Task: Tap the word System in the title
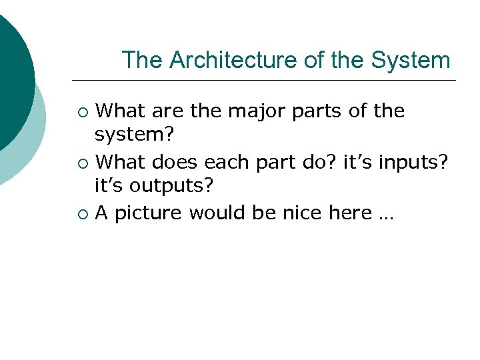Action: (411, 61)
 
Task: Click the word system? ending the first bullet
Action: (134, 135)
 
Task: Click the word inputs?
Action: (422, 162)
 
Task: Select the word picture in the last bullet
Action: (149, 213)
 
